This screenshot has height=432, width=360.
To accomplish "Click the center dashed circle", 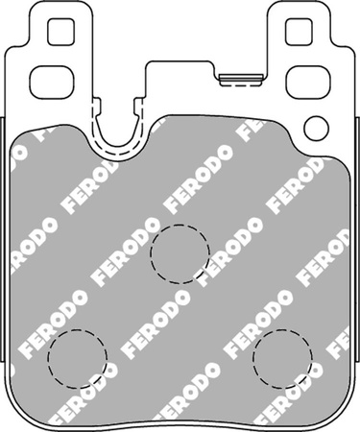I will click(x=180, y=254).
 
